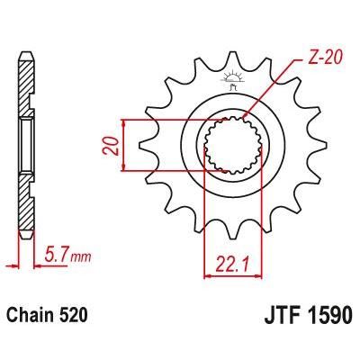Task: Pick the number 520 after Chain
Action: [x=76, y=319]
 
